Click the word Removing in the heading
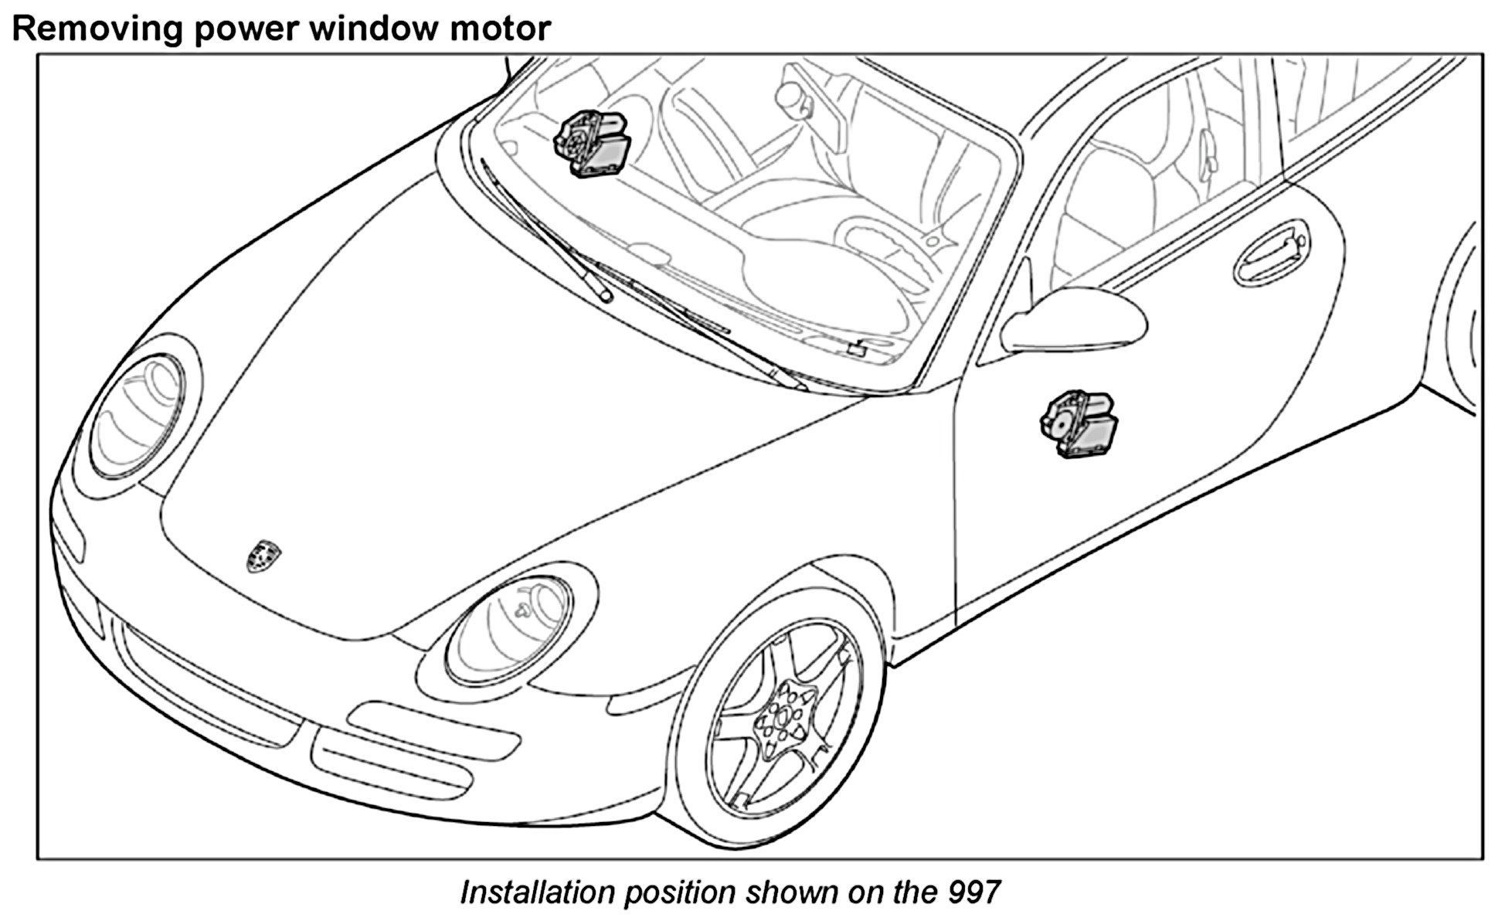click(x=97, y=29)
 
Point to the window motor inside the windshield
click(x=592, y=143)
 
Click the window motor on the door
click(x=1079, y=426)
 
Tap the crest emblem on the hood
click(x=263, y=556)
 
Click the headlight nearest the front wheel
click(x=510, y=630)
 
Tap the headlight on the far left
click(x=138, y=417)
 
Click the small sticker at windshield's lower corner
click(x=855, y=348)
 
